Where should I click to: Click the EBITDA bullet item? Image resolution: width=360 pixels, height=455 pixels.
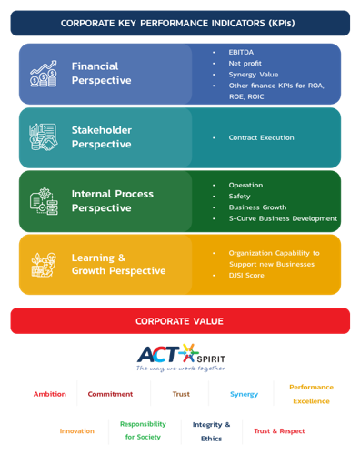click(241, 52)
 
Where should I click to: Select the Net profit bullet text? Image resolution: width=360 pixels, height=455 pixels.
click(245, 64)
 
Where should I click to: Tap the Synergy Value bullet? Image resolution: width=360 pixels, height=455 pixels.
click(254, 75)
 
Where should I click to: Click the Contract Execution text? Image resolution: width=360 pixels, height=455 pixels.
click(261, 137)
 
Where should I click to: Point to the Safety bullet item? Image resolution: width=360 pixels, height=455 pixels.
click(239, 197)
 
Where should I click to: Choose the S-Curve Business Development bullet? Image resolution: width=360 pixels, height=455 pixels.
click(283, 218)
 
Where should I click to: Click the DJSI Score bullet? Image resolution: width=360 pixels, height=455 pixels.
click(246, 275)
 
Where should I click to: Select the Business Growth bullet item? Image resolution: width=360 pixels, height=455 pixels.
click(257, 207)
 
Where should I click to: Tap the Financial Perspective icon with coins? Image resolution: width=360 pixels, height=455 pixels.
click(44, 74)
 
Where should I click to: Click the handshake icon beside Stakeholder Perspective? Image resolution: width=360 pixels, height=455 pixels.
click(44, 136)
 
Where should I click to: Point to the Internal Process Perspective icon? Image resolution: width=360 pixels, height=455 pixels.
click(44, 201)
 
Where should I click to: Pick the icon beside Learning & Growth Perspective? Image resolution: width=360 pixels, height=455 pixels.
click(44, 265)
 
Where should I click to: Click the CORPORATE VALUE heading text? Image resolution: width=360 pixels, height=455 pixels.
click(179, 321)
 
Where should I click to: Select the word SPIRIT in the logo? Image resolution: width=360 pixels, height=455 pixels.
click(211, 359)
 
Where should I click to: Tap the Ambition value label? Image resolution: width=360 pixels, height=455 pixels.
click(50, 394)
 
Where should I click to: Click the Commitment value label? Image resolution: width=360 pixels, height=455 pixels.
click(110, 394)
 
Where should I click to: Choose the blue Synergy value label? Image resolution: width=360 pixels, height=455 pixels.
click(244, 394)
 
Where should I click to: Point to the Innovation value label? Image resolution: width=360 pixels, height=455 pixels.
click(77, 431)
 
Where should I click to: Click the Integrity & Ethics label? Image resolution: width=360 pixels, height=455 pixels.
click(211, 431)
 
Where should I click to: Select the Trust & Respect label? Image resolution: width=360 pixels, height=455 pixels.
click(279, 431)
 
